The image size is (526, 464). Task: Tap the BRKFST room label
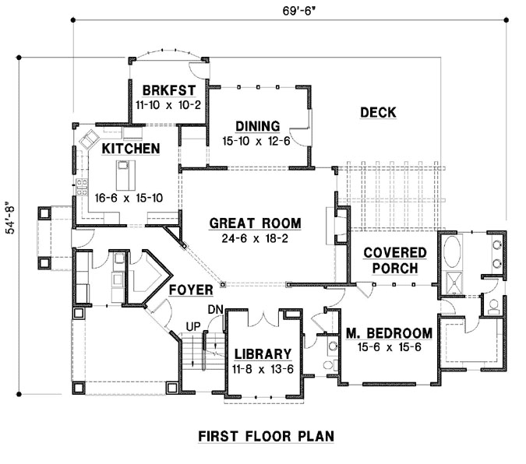(162, 87)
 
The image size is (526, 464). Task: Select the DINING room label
(256, 126)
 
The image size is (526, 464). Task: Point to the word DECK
(378, 113)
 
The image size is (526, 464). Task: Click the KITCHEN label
(131, 148)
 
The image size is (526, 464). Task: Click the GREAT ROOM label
(254, 223)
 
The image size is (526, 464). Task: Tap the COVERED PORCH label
(394, 261)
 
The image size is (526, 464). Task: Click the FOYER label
(192, 290)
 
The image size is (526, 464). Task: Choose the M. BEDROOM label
(389, 333)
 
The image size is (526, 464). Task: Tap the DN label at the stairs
(216, 311)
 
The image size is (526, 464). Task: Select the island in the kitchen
(123, 170)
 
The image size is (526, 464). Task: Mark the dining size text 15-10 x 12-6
(256, 141)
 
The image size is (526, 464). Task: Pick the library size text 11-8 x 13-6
(262, 369)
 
